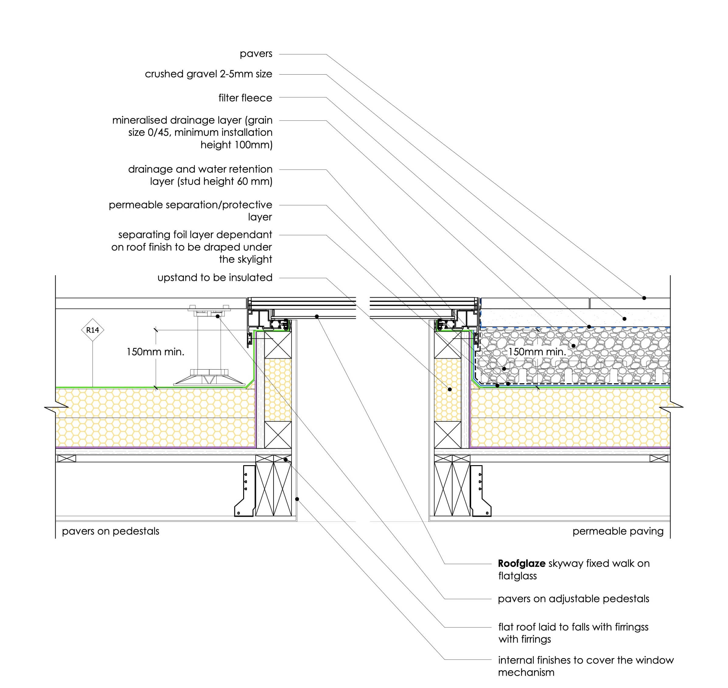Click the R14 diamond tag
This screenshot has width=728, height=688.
(x=93, y=330)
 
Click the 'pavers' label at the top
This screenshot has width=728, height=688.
(x=256, y=54)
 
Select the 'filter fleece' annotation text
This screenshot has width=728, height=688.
(x=245, y=98)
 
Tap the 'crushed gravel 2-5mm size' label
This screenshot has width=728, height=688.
(x=208, y=74)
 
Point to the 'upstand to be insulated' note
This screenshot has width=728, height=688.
(x=215, y=278)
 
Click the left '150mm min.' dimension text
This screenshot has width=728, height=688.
(x=156, y=352)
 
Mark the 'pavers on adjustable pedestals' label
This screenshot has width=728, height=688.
(x=574, y=599)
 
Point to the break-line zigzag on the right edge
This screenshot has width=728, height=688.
(x=671, y=407)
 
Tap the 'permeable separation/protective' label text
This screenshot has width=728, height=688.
(x=191, y=205)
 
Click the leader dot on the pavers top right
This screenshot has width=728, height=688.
(x=644, y=298)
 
